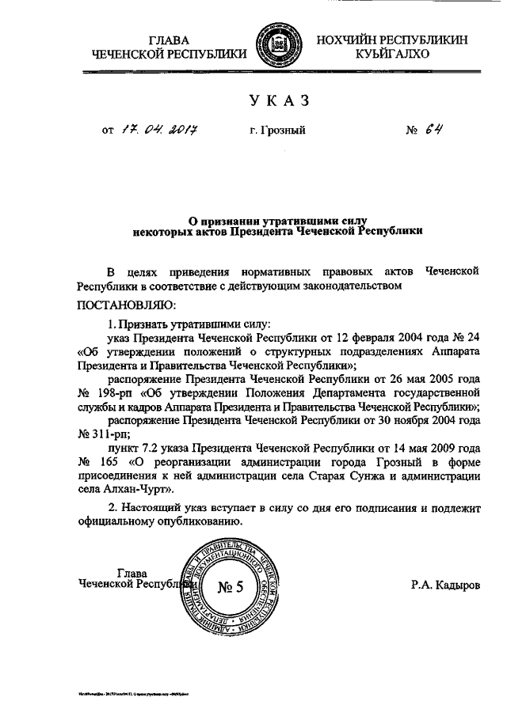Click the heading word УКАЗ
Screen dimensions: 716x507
coord(277,100)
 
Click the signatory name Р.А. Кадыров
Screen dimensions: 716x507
coord(444,587)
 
